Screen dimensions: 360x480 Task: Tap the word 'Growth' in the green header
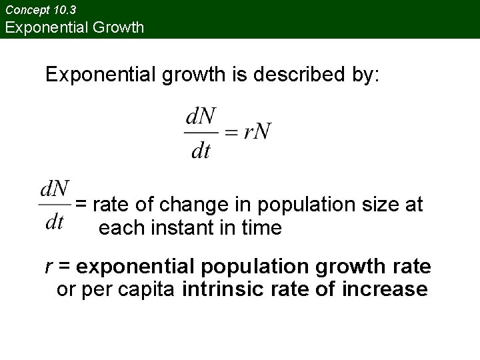(119, 27)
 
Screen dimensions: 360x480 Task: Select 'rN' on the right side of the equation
(257, 131)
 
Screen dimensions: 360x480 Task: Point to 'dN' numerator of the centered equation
(201, 117)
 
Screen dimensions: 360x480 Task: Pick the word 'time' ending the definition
(262, 228)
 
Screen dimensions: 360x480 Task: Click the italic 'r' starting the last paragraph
(49, 267)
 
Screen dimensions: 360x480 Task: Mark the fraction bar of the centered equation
(201, 133)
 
